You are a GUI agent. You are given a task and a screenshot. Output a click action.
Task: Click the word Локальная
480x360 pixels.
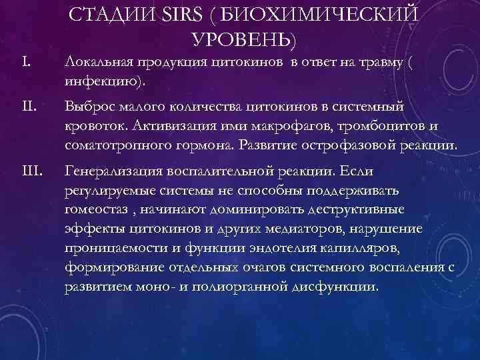coord(98,64)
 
